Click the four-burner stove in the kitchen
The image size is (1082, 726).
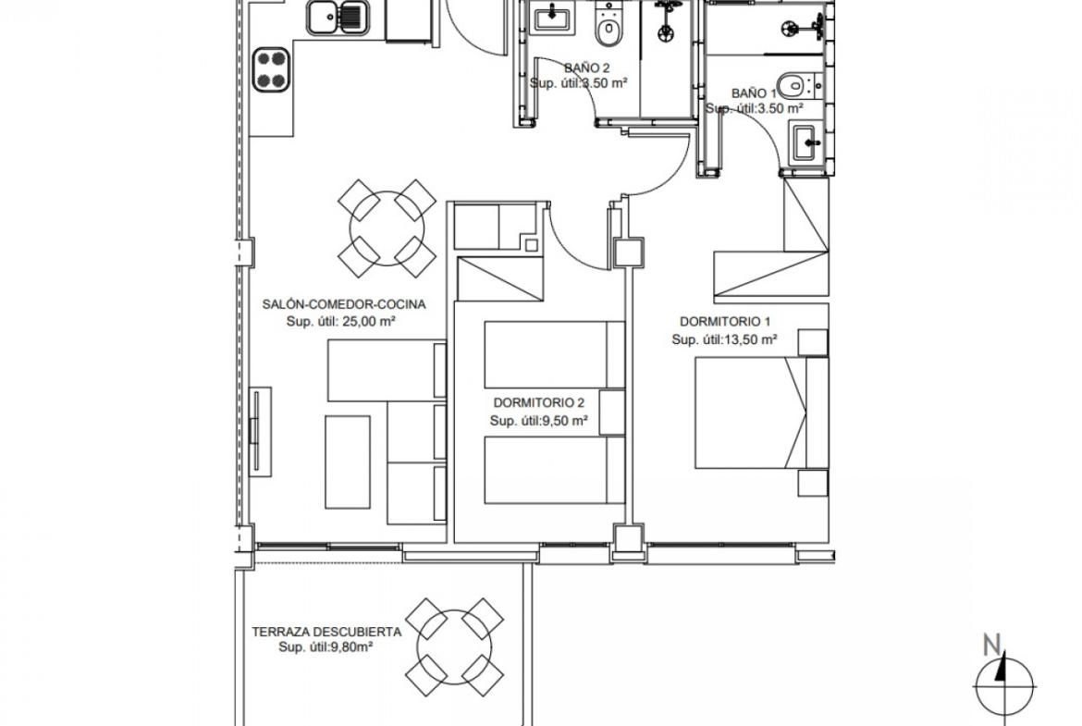coord(271,69)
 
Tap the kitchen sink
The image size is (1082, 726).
coord(337,18)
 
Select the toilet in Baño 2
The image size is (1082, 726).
coord(608,26)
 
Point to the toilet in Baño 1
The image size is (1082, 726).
coord(801,86)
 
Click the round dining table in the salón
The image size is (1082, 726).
coord(387,228)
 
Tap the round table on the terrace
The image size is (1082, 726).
coord(455,646)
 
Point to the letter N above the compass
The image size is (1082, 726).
coord(992,646)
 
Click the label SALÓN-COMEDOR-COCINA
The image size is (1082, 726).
coord(344,303)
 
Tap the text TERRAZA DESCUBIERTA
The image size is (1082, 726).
coord(326,632)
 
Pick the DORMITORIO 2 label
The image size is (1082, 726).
coord(539,402)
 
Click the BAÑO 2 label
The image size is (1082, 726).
coord(586,68)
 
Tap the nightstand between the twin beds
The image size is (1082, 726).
coord(612,412)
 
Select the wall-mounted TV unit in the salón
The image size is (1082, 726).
coord(259,431)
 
